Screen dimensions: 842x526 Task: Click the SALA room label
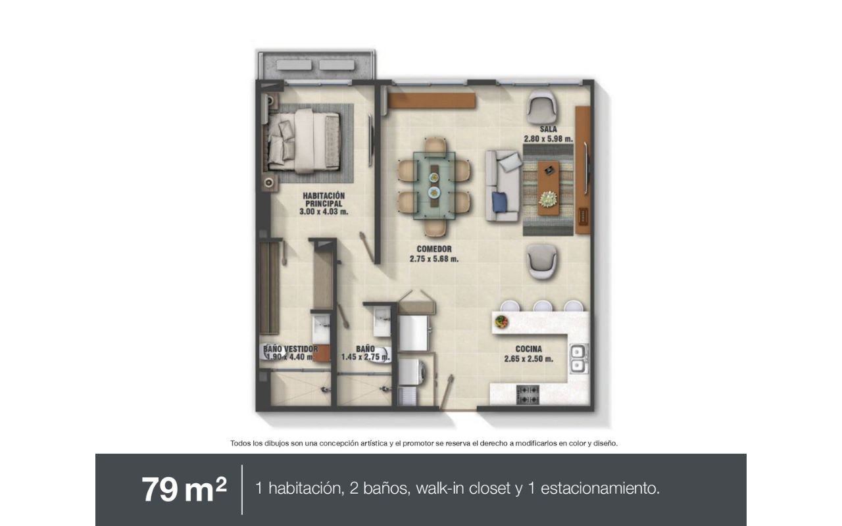pyautogui.click(x=548, y=130)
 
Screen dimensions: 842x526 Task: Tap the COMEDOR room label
pyautogui.click(x=434, y=249)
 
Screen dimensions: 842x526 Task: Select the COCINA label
pyautogui.click(x=528, y=349)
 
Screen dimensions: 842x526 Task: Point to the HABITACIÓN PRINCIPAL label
pyautogui.click(x=324, y=199)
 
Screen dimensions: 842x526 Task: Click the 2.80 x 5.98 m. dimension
pyautogui.click(x=549, y=139)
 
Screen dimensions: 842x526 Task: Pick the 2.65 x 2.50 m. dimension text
pyautogui.click(x=528, y=359)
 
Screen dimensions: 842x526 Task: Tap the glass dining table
pyautogui.click(x=434, y=185)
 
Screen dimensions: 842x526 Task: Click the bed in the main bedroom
pyautogui.click(x=304, y=141)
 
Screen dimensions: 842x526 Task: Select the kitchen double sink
pyautogui.click(x=578, y=358)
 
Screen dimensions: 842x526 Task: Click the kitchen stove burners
pyautogui.click(x=528, y=394)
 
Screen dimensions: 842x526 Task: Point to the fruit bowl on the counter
pyautogui.click(x=501, y=322)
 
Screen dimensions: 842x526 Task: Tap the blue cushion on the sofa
pyautogui.click(x=499, y=202)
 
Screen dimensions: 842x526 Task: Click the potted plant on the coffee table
pyautogui.click(x=548, y=199)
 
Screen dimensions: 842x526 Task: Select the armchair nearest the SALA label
pyautogui.click(x=541, y=108)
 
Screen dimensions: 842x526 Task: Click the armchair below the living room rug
pyautogui.click(x=541, y=262)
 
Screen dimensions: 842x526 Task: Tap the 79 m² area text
pyautogui.click(x=184, y=489)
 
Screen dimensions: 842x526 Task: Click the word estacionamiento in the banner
pyautogui.click(x=600, y=489)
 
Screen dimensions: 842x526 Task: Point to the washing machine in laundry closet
pyautogui.click(x=412, y=372)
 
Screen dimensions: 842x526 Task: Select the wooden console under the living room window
pyautogui.click(x=432, y=101)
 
